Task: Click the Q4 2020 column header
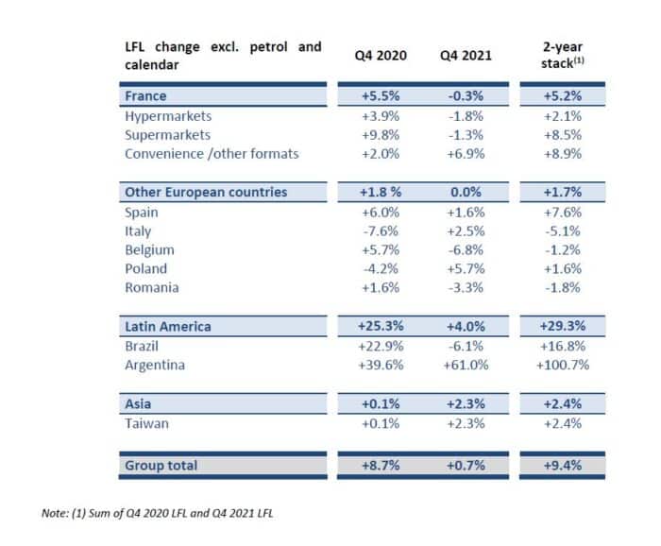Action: pyautogui.click(x=381, y=55)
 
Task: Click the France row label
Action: pyautogui.click(x=145, y=95)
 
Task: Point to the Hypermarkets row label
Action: pyautogui.click(x=168, y=116)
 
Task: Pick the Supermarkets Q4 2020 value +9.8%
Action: pyautogui.click(x=381, y=135)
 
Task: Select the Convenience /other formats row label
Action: pyautogui.click(x=212, y=154)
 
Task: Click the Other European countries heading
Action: pyautogui.click(x=206, y=192)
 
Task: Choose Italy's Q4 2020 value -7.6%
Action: pyautogui.click(x=381, y=231)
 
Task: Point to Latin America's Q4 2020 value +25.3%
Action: pyautogui.click(x=381, y=326)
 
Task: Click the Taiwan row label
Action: pyautogui.click(x=146, y=423)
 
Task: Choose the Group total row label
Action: pyautogui.click(x=161, y=466)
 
